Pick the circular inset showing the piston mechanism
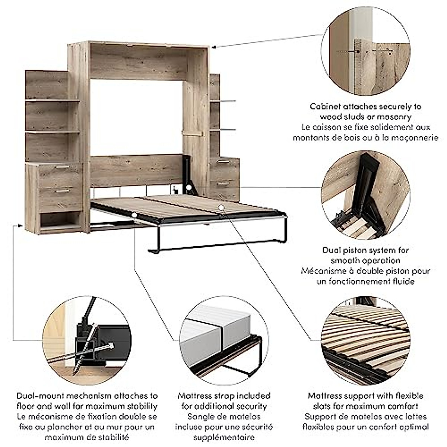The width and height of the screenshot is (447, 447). (x=365, y=196)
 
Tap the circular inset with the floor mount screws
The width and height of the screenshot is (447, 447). (x=87, y=340)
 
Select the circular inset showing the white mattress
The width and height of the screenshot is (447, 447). (x=224, y=340)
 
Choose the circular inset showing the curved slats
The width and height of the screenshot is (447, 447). (x=365, y=340)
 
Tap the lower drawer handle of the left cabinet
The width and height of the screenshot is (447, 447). (x=62, y=191)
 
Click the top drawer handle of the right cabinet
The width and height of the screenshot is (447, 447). (x=223, y=162)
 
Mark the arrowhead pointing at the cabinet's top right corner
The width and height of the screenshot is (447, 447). (x=214, y=47)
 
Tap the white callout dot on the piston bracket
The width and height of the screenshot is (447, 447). (x=190, y=187)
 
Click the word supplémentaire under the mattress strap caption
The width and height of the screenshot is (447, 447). (x=224, y=437)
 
